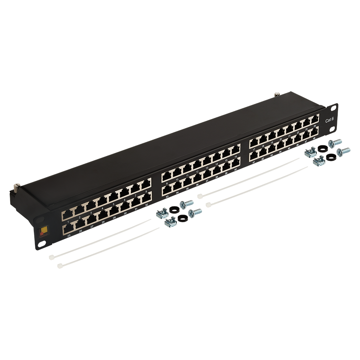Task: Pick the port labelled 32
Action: (146, 197)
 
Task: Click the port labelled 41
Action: (253, 154)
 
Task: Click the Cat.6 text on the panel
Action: (329, 121)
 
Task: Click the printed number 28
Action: (103, 222)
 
